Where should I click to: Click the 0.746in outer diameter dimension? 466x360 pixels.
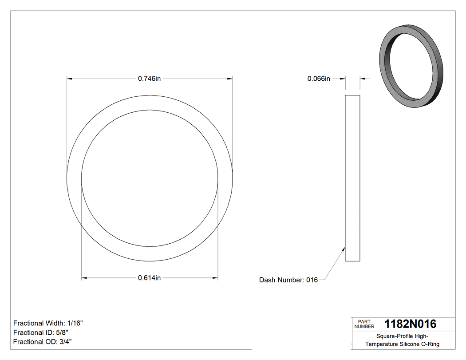(x=149, y=79)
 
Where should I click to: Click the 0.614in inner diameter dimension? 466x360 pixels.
(x=149, y=278)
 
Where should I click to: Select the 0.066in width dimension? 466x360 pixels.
(x=319, y=79)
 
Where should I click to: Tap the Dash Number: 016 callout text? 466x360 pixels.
(x=288, y=280)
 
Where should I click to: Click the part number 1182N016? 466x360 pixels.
(x=410, y=324)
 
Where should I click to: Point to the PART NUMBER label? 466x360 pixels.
(x=364, y=324)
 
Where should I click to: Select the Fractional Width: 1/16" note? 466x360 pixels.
(x=48, y=323)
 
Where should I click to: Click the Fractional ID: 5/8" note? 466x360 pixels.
(x=41, y=332)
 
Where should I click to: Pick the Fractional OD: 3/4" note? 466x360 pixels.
(x=43, y=341)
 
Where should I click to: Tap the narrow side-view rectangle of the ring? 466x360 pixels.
(x=352, y=178)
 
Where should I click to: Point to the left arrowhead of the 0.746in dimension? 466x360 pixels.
(x=69, y=79)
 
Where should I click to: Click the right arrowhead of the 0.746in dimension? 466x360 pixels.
(x=230, y=79)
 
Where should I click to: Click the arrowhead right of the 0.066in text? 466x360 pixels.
(x=343, y=79)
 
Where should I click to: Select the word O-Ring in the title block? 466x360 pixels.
(x=430, y=344)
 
